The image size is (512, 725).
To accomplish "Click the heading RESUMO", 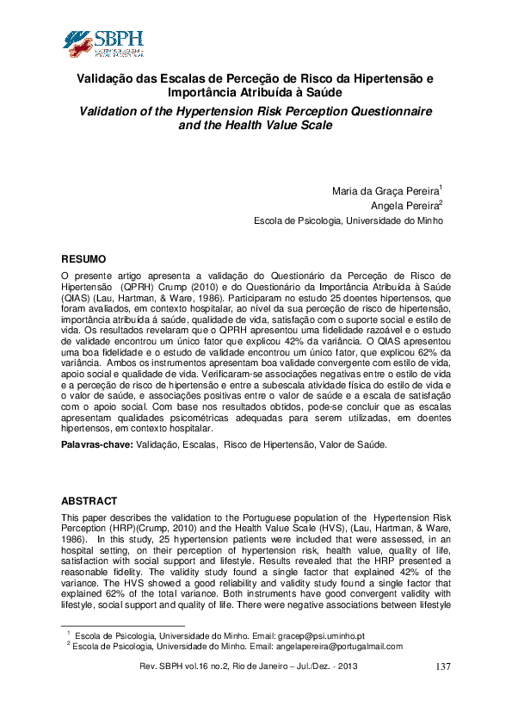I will [x=83, y=259].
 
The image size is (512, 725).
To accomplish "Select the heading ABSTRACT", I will [x=89, y=500].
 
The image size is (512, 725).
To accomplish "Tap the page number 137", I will [x=443, y=667].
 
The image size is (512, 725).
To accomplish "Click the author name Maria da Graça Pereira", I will [x=385, y=190].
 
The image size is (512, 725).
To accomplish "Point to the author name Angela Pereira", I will [x=404, y=206].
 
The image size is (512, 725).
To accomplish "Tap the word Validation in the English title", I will [x=112, y=112].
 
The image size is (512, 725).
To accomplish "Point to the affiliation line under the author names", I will [x=349, y=220].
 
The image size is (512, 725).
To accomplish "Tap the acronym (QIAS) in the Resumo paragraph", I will [x=77, y=295].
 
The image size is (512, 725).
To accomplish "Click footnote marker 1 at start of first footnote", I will [x=68, y=631].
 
